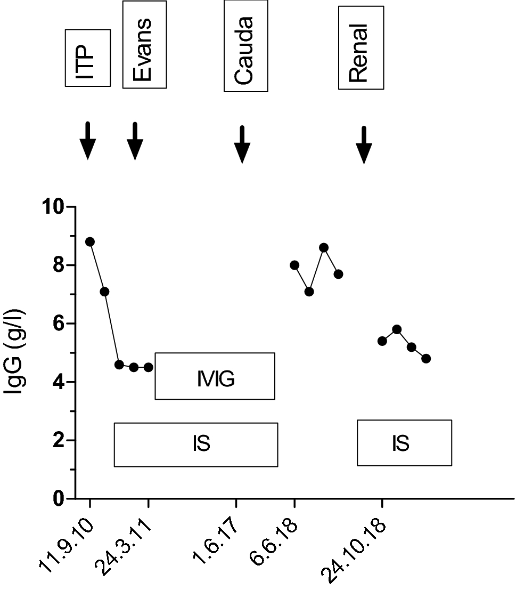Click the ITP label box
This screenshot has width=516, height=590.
pos(87,58)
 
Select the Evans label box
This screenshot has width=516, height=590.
pos(144,45)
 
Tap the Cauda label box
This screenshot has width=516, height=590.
pos(245,46)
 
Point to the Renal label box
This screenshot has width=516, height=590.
pos(361,48)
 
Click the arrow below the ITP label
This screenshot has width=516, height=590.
pos(87,141)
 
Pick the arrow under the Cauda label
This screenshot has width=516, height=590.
pos(242,144)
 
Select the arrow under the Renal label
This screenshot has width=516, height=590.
pos(364,144)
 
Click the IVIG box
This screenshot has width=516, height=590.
pos(215,376)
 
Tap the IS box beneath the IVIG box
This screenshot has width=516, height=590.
pos(196,444)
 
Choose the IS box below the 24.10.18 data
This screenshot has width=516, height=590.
pos(404,443)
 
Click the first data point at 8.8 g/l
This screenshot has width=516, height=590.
pos(90,241)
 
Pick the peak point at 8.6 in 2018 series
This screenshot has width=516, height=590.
pos(324,247)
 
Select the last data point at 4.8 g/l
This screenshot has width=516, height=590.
pos(426,359)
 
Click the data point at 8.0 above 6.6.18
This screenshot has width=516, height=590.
pos(294,265)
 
